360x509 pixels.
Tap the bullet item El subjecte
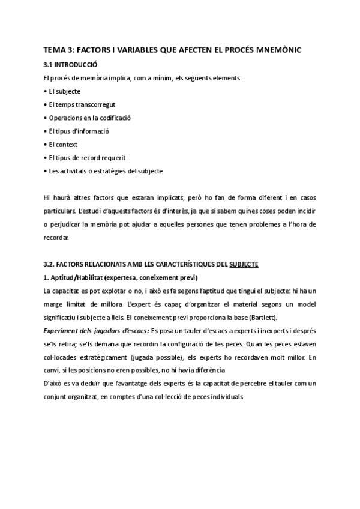coord(64,91)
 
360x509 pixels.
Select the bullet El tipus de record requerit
coord(79,158)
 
